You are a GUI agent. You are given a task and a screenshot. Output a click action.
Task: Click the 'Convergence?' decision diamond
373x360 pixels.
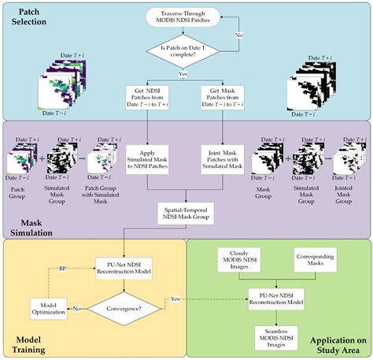[120, 310]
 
